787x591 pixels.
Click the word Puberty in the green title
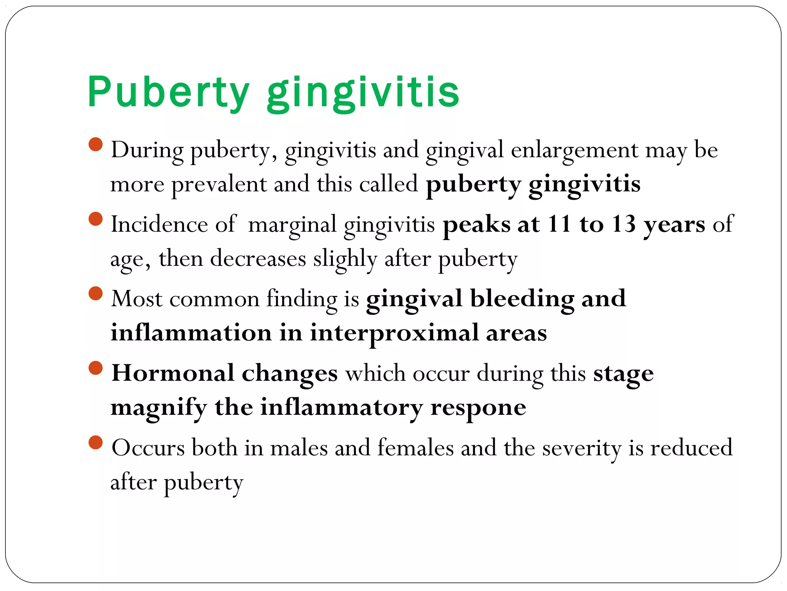(168, 92)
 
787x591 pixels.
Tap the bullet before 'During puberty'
(96, 145)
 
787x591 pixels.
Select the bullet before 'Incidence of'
(96, 219)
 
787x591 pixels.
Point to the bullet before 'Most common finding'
(96, 294)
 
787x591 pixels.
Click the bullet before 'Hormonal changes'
(96, 368)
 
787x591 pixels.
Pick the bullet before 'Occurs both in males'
(96, 442)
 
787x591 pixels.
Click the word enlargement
(574, 150)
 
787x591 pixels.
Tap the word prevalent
(219, 184)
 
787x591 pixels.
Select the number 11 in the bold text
(559, 224)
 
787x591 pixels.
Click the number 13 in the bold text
(624, 224)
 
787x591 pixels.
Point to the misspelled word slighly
(345, 259)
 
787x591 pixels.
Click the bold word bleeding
(522, 299)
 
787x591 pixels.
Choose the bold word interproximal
(394, 333)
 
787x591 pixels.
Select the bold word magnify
(159, 407)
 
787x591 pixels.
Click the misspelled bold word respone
(478, 407)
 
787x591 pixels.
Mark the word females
(415, 448)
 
